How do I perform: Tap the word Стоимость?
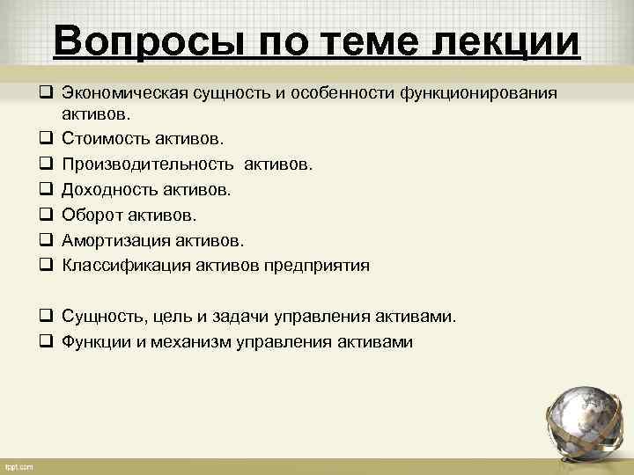101,138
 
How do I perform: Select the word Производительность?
148,164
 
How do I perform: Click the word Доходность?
105,189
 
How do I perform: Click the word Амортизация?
110,240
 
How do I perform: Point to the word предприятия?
316,266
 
